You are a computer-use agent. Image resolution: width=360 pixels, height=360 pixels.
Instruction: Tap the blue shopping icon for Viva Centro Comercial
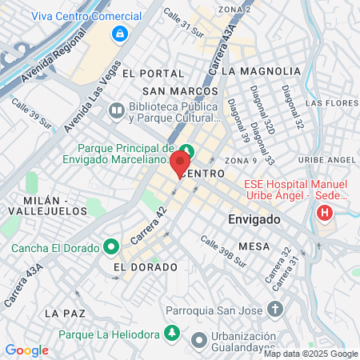point(119,34)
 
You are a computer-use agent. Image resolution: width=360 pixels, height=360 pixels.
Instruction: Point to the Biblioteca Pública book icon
point(117,110)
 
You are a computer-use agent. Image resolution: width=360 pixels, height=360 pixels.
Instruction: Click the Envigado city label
point(254,218)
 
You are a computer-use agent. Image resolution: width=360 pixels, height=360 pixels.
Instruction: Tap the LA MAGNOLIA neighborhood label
point(260,71)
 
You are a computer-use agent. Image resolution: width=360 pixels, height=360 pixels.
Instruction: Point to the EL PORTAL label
point(149,72)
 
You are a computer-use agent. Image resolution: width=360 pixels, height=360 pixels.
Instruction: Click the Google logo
point(26,350)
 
